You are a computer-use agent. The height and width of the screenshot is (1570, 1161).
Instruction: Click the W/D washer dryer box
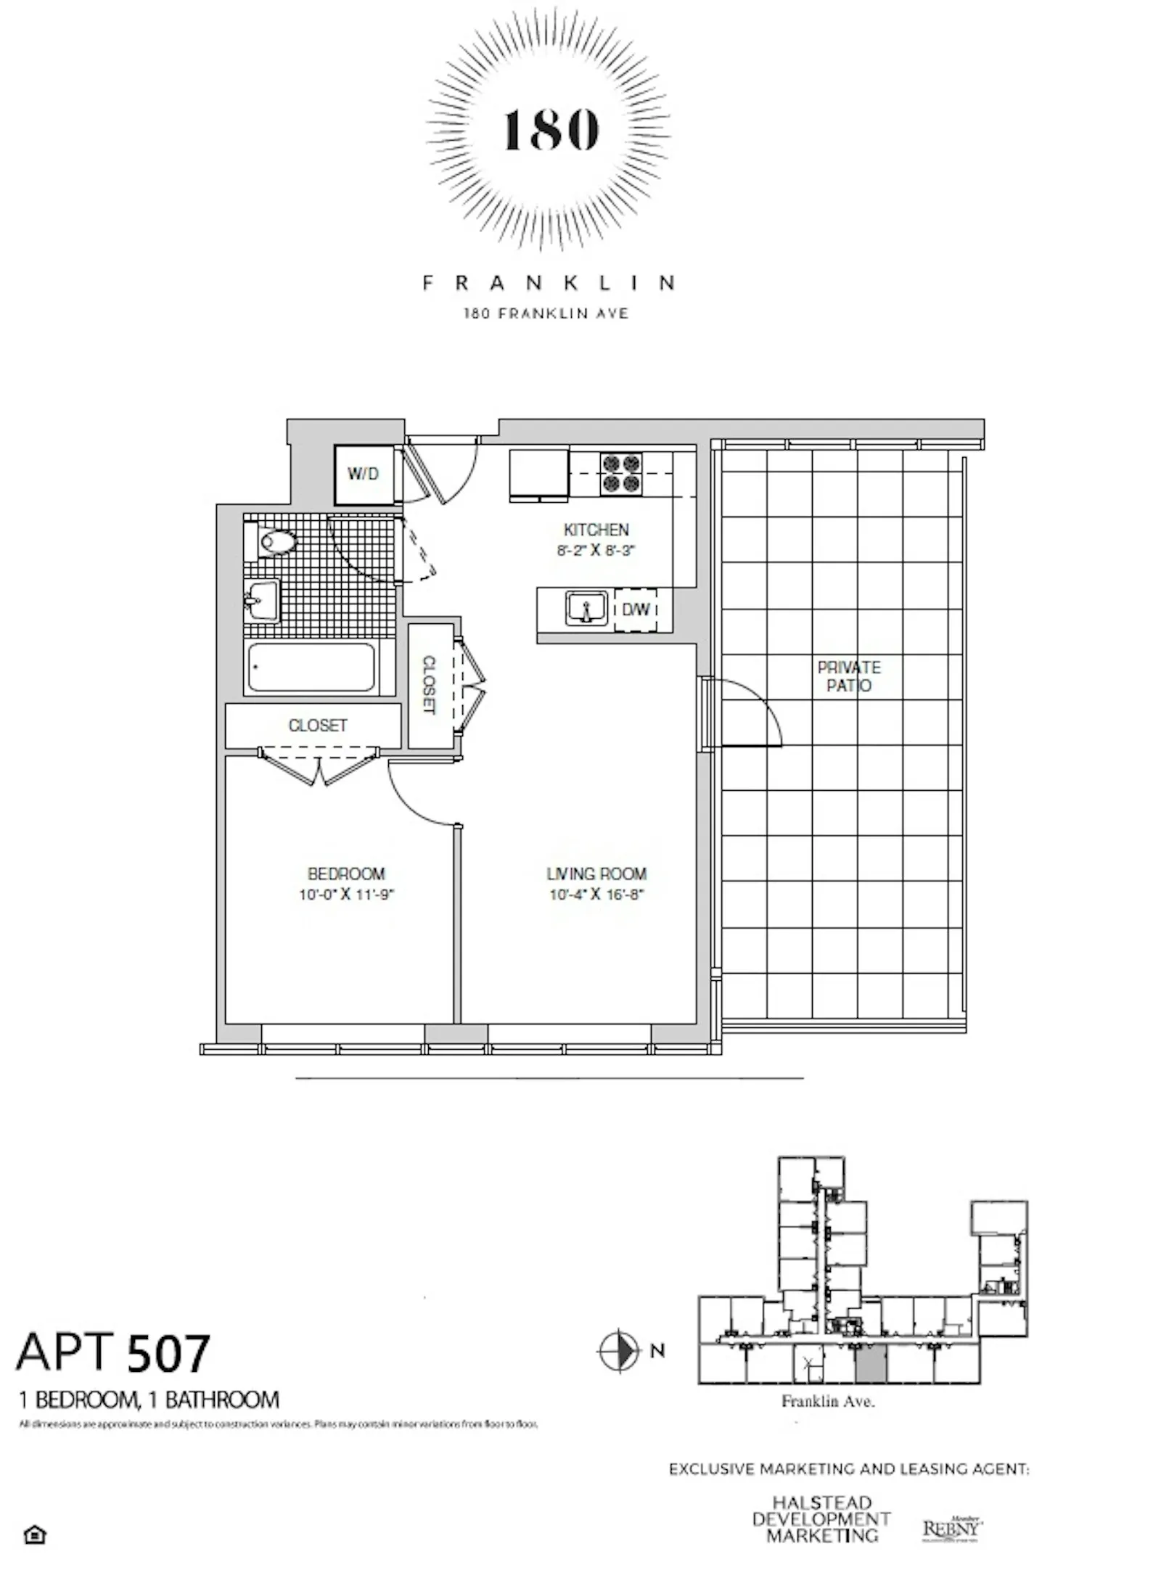pyautogui.click(x=363, y=475)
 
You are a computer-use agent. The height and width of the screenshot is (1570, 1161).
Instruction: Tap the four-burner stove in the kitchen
pyautogui.click(x=621, y=473)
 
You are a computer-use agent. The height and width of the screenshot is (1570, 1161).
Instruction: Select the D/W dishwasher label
pyautogui.click(x=636, y=609)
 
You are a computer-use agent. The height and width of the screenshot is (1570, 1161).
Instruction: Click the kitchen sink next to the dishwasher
pyautogui.click(x=586, y=608)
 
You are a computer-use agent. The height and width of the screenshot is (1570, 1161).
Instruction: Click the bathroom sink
pyautogui.click(x=260, y=601)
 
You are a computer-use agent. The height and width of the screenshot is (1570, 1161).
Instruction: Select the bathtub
pyautogui.click(x=311, y=667)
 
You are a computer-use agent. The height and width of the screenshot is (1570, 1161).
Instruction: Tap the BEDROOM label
pyautogui.click(x=346, y=874)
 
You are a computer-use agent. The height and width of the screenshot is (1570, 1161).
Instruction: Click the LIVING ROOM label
pyautogui.click(x=596, y=874)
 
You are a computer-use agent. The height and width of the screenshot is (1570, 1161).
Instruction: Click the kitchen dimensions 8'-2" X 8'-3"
pyautogui.click(x=596, y=550)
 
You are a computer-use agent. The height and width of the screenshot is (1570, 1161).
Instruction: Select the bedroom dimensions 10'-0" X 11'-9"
pyautogui.click(x=346, y=895)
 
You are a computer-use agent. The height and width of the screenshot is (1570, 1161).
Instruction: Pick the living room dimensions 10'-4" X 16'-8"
pyautogui.click(x=596, y=895)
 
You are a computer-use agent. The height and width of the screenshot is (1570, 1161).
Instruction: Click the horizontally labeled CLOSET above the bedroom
pyautogui.click(x=318, y=726)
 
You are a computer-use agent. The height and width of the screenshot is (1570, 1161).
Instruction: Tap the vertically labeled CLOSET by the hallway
pyautogui.click(x=429, y=685)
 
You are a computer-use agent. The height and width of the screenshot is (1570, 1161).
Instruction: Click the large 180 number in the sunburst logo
pyautogui.click(x=551, y=131)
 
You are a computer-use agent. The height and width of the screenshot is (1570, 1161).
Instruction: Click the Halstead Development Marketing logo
pyautogui.click(x=821, y=1519)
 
